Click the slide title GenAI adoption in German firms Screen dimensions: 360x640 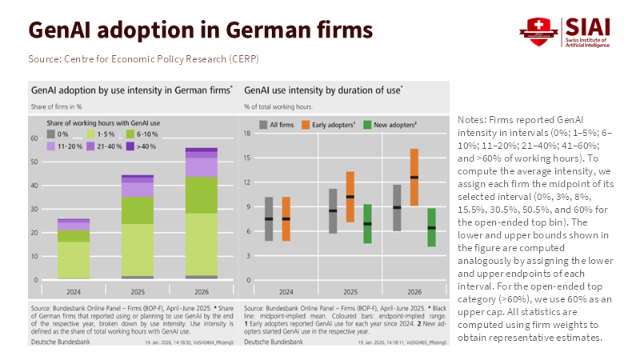tap(201, 30)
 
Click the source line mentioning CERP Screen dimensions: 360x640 tap(143, 59)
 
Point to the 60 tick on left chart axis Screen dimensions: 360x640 tap(35, 138)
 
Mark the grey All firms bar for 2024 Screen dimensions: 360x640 tap(269, 218)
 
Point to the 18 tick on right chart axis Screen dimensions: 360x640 tap(249, 134)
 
